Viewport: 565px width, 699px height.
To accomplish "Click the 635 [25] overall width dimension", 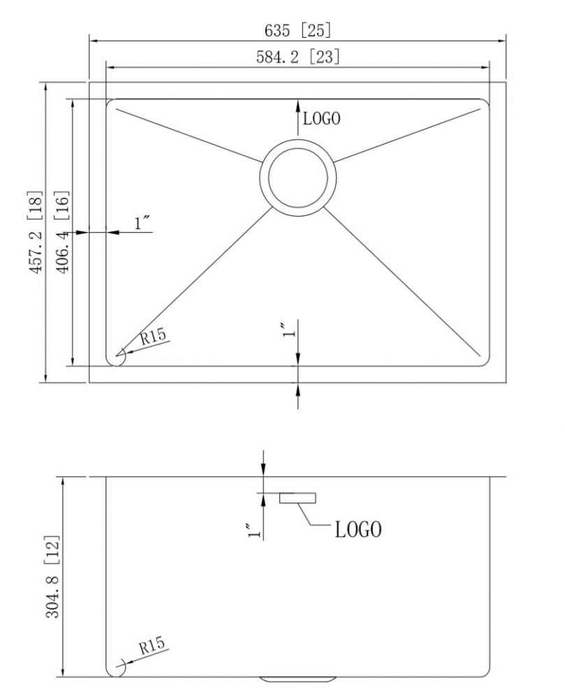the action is pyautogui.click(x=298, y=30).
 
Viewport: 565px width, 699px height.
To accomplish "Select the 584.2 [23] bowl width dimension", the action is pyautogui.click(x=298, y=57).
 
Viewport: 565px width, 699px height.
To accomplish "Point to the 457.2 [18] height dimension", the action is pyautogui.click(x=36, y=232).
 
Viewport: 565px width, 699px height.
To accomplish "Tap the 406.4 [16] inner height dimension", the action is pyautogui.click(x=62, y=232).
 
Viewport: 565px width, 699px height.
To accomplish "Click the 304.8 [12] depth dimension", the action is pyautogui.click(x=52, y=577).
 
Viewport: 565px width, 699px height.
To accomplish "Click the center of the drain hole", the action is pyautogui.click(x=298, y=178).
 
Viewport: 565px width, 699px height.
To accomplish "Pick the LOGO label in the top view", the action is pyautogui.click(x=321, y=119).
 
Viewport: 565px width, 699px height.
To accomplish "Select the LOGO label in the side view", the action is pyautogui.click(x=358, y=530).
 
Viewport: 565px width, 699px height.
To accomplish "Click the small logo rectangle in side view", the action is pyautogui.click(x=298, y=498).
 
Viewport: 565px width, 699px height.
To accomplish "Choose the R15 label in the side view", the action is pyautogui.click(x=152, y=645).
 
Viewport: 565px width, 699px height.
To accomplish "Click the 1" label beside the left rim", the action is pyautogui.click(x=142, y=223).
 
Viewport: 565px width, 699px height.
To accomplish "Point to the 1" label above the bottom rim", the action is pyautogui.click(x=289, y=329).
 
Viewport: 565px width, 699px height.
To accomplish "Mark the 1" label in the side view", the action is pyautogui.click(x=254, y=531).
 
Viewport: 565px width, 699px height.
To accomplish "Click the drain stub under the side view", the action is pyautogui.click(x=298, y=679).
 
